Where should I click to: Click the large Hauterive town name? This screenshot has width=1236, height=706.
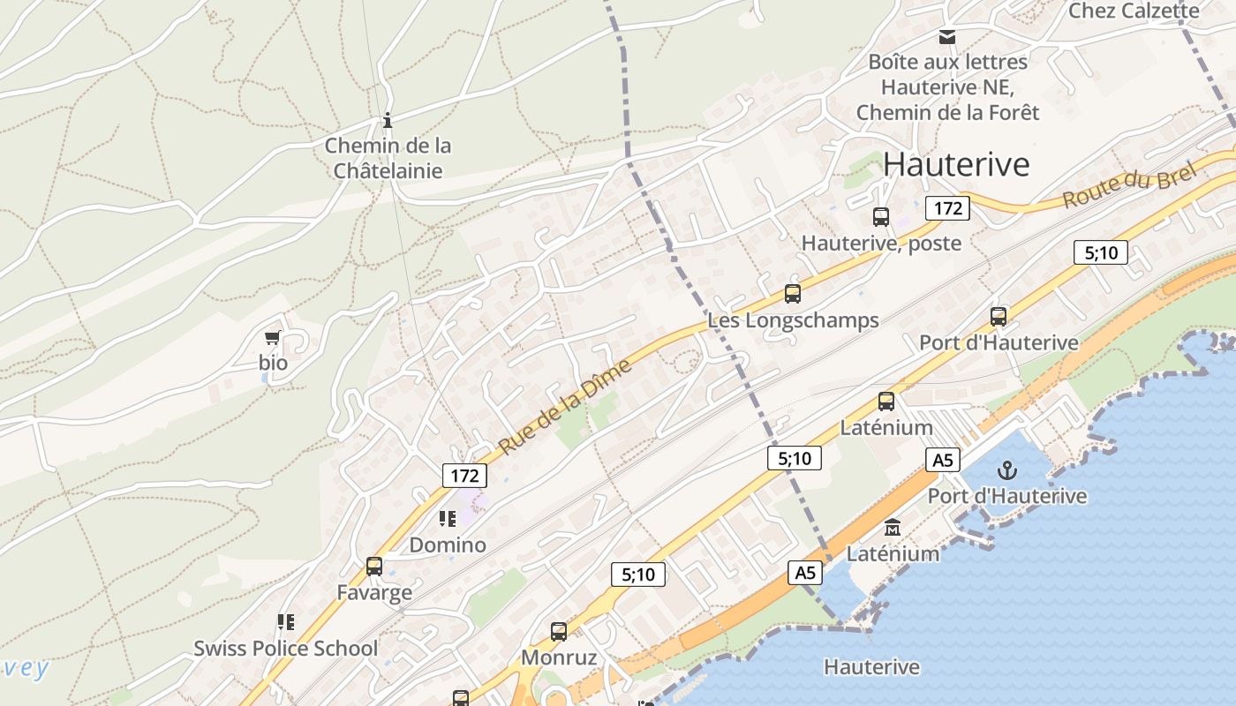pyautogui.click(x=956, y=164)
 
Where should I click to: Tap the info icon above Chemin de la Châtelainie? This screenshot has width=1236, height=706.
pyautogui.click(x=387, y=120)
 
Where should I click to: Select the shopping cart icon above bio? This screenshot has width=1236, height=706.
pyautogui.click(x=273, y=338)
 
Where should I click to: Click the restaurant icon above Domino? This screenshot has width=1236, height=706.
pyautogui.click(x=448, y=518)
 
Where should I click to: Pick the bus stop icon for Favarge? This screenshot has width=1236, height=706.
pyautogui.click(x=374, y=566)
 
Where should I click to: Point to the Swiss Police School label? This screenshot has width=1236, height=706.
pyautogui.click(x=286, y=649)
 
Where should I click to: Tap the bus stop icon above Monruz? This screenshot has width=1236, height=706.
pyautogui.click(x=559, y=632)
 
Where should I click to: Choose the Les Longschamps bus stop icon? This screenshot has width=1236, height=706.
pyautogui.click(x=793, y=294)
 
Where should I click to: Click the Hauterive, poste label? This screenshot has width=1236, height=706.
pyautogui.click(x=881, y=243)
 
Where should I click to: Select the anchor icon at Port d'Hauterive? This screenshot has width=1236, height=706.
pyautogui.click(x=1006, y=469)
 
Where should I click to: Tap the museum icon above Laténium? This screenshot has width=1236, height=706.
pyautogui.click(x=893, y=527)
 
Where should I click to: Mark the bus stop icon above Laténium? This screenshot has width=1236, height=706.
pyautogui.click(x=886, y=402)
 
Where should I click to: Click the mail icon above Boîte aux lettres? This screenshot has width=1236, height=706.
pyautogui.click(x=947, y=37)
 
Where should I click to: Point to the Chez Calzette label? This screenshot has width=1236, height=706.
pyautogui.click(x=1134, y=11)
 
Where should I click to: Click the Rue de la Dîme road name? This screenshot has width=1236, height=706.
pyautogui.click(x=566, y=407)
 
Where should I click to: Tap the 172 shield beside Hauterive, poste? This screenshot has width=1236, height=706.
pyautogui.click(x=947, y=208)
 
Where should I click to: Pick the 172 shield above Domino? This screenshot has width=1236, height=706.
pyautogui.click(x=464, y=477)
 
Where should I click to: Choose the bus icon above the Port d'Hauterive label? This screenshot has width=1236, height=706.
pyautogui.click(x=999, y=316)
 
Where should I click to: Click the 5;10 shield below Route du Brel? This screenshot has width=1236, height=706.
pyautogui.click(x=1101, y=253)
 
